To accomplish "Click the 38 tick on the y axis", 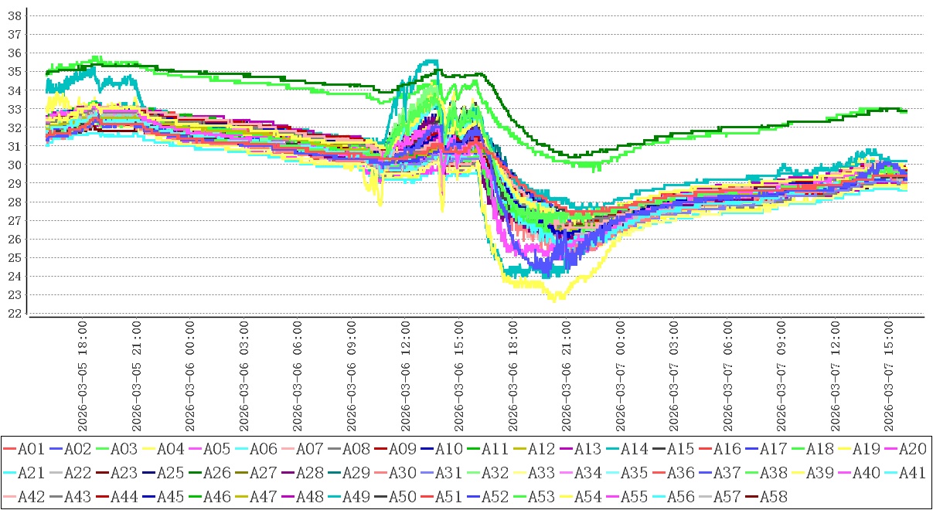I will [13, 15].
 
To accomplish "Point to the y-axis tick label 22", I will [13, 314].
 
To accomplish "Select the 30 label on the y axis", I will [13, 165].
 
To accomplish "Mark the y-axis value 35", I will [13, 71].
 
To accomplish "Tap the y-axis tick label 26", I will [13, 240].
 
